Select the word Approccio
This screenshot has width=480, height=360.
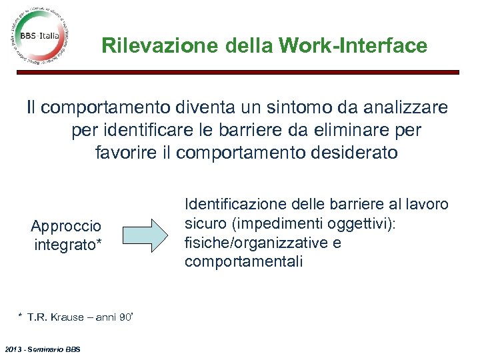tap(66, 227)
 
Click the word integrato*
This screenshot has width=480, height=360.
tap(68, 245)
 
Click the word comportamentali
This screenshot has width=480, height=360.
tap(244, 261)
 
